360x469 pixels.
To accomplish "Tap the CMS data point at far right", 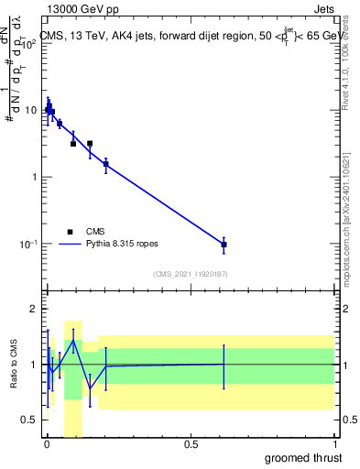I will point(224,245).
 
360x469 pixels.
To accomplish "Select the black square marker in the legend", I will point(70,232).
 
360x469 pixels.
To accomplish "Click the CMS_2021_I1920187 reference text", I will point(190,274).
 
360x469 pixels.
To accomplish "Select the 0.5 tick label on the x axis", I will point(191,444).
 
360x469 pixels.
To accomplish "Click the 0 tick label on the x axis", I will point(47,444).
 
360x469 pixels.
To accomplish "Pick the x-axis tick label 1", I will point(334,444).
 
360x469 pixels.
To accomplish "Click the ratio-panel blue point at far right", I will point(224,364).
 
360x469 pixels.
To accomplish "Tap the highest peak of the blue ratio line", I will point(73,341).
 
